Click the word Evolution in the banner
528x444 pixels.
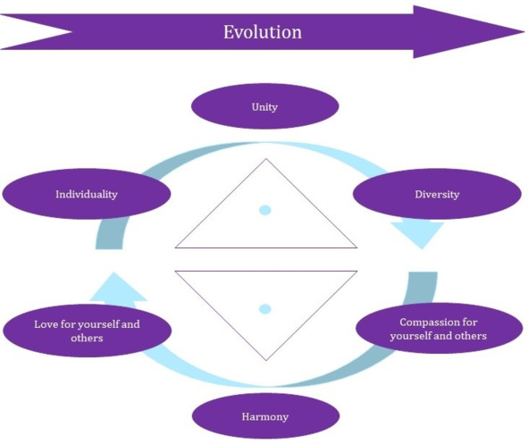click(x=263, y=32)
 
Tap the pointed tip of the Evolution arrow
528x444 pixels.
click(x=524, y=32)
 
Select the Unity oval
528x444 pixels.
click(x=264, y=106)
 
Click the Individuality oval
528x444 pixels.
click(x=87, y=194)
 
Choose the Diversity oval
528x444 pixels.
click(x=437, y=194)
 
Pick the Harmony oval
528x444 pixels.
click(x=265, y=416)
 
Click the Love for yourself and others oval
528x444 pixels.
click(x=87, y=331)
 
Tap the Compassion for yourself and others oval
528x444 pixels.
click(x=439, y=329)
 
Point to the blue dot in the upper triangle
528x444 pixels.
click(x=265, y=210)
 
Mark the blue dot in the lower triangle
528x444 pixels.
click(x=265, y=309)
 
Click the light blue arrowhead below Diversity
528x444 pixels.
click(x=420, y=234)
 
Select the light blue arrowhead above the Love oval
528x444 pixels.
click(x=117, y=288)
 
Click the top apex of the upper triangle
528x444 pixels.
click(x=266, y=158)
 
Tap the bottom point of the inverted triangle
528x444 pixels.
click(x=266, y=361)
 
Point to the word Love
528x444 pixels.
click(x=46, y=324)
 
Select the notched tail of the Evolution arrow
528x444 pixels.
click(x=71, y=32)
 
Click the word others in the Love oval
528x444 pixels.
click(x=87, y=338)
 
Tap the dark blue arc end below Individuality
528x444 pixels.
click(x=109, y=248)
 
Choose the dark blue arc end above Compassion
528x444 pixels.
click(x=423, y=272)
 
